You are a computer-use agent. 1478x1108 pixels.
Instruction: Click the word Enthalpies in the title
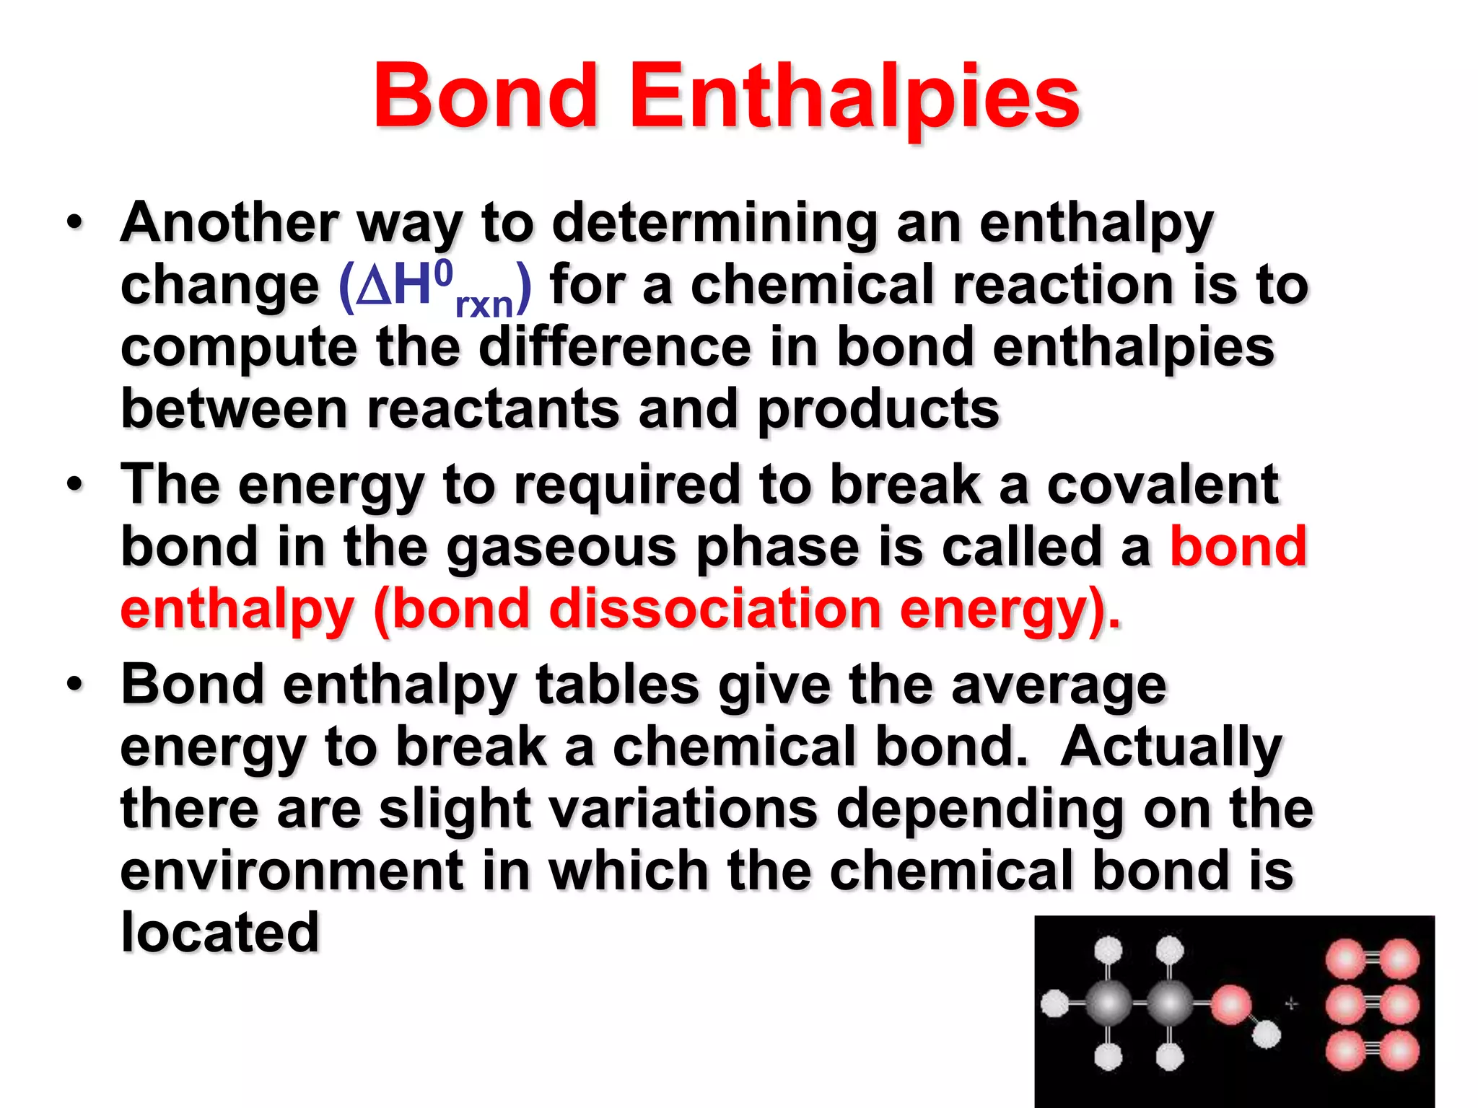point(854,97)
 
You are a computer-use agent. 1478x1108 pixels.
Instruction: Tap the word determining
point(715,224)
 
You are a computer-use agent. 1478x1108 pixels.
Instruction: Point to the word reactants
point(494,408)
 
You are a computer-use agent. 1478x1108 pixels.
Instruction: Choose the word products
point(878,410)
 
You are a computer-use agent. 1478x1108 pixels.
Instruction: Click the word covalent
point(1163,484)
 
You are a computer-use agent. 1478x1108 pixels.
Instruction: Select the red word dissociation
point(715,609)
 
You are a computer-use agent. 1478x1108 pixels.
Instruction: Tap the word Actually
point(1171,747)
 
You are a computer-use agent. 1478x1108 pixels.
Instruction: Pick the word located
point(220,932)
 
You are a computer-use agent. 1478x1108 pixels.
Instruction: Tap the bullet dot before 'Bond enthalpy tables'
point(75,683)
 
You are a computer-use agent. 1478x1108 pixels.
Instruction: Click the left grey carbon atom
point(1108,1003)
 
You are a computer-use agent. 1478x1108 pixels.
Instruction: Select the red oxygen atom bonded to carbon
point(1230,1004)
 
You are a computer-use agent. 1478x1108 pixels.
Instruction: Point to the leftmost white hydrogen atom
point(1055,1003)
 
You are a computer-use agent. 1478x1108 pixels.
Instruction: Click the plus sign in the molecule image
point(1291,1003)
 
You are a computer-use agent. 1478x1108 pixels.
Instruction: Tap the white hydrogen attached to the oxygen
point(1266,1036)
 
